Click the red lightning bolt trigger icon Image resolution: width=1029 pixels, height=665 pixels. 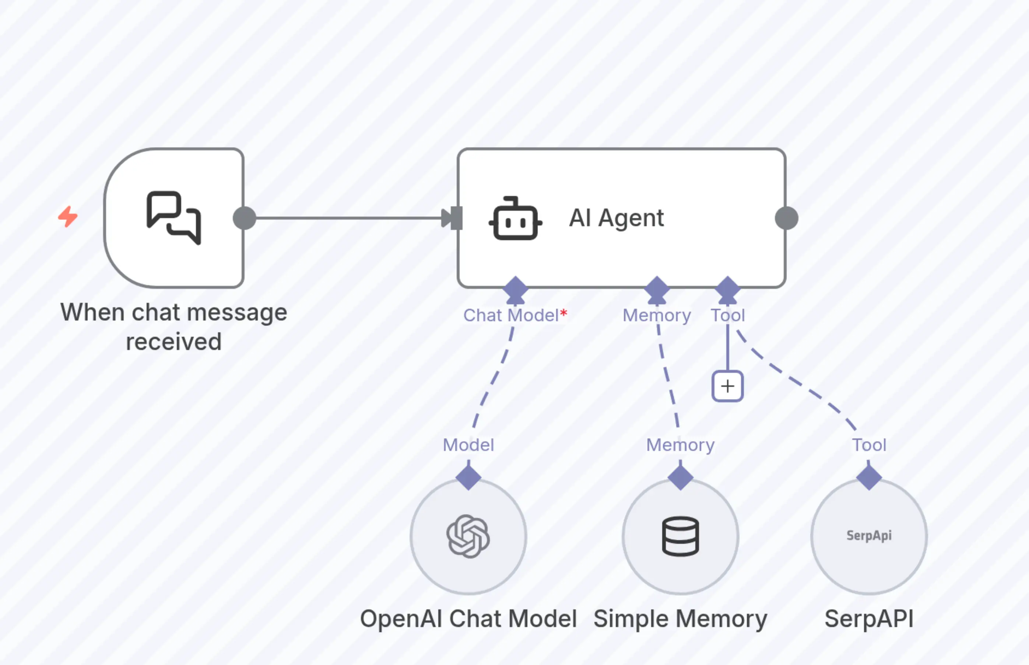(x=68, y=217)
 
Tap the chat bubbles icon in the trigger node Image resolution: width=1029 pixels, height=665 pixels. (x=173, y=217)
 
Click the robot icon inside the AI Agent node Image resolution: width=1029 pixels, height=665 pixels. (x=515, y=218)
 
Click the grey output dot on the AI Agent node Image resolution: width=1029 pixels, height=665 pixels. (x=786, y=218)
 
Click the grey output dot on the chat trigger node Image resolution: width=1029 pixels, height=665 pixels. (x=244, y=218)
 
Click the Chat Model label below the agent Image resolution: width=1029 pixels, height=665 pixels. (x=511, y=315)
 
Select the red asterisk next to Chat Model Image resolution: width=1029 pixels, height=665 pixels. (x=564, y=313)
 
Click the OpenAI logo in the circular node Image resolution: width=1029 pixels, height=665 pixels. (x=468, y=536)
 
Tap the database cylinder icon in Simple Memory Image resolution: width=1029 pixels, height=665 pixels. (x=680, y=536)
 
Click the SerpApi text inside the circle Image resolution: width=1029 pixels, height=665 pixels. (x=869, y=535)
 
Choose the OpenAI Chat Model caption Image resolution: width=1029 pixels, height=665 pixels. (x=468, y=619)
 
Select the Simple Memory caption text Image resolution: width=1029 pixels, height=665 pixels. (x=680, y=619)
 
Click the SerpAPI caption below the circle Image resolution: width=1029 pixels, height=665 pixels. (x=869, y=619)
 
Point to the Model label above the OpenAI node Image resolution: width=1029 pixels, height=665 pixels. (x=468, y=445)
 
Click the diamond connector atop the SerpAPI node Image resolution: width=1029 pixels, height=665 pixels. (x=869, y=477)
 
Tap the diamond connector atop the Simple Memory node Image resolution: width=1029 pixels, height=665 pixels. (x=680, y=477)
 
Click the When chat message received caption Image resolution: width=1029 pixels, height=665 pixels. (x=173, y=327)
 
